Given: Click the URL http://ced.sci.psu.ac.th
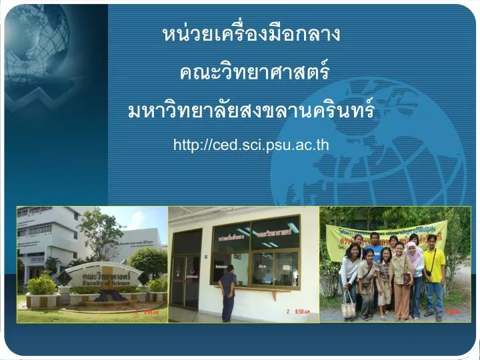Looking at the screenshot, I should pyautogui.click(x=251, y=145).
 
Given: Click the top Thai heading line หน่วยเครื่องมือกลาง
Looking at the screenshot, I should pyautogui.click(x=251, y=34).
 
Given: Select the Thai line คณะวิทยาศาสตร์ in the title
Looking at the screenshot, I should pyautogui.click(x=254, y=71).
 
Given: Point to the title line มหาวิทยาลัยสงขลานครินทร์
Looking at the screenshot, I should pyautogui.click(x=251, y=109).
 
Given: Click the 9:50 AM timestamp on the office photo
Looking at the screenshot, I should pyautogui.click(x=297, y=311).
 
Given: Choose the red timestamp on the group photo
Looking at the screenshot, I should pyautogui.click(x=453, y=311).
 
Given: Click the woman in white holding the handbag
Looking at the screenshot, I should pyautogui.click(x=349, y=273).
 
